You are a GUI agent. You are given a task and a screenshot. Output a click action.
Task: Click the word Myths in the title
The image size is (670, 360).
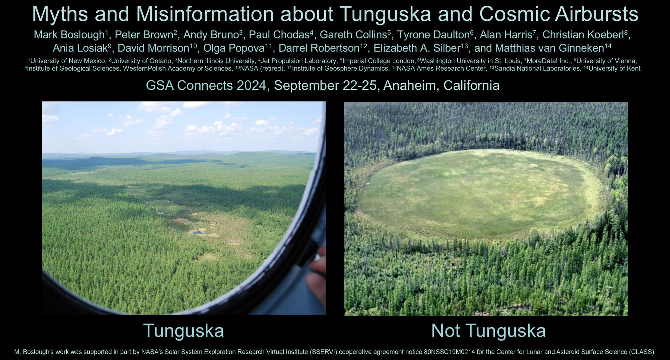tap(60, 14)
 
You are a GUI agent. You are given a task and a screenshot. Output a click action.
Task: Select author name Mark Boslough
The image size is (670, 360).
tap(69, 34)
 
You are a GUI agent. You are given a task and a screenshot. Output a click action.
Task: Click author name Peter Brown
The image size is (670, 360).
tap(144, 34)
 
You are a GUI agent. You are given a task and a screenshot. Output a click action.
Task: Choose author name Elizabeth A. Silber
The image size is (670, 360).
tap(417, 48)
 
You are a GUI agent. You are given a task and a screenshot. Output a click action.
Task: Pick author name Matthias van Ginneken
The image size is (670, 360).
tap(550, 48)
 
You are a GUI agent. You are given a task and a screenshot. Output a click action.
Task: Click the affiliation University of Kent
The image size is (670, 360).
tap(614, 69)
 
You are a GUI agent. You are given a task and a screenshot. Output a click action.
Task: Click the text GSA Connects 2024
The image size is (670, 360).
tap(206, 85)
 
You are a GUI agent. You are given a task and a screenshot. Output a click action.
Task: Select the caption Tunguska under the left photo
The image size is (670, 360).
tap(184, 331)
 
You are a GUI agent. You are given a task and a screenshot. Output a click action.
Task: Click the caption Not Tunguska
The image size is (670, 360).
tap(488, 331)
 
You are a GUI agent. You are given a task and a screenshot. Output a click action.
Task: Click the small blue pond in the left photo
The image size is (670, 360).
tap(198, 232)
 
